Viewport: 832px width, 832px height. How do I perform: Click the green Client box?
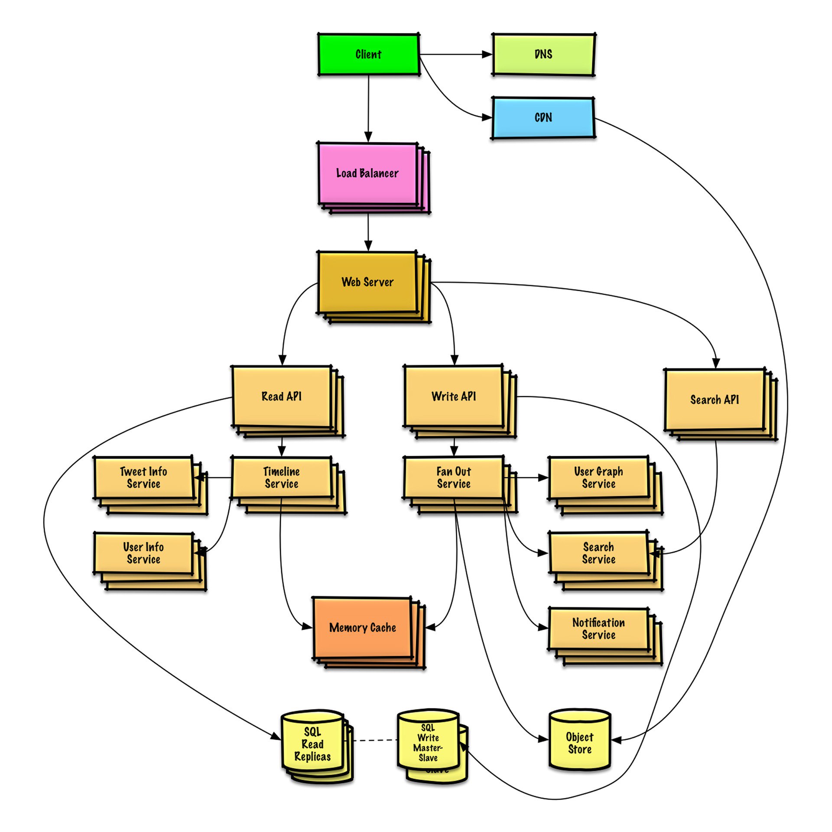(368, 55)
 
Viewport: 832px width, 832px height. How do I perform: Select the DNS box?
(543, 55)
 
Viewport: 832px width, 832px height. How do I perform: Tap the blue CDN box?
(543, 118)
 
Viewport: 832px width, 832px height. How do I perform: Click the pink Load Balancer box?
(367, 173)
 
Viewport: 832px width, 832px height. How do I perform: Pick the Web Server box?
(367, 282)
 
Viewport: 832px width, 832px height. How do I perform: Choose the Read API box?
(282, 396)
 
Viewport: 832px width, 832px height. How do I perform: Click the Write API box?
(454, 396)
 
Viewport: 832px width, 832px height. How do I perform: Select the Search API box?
(715, 400)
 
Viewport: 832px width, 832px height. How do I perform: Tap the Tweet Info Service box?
(143, 478)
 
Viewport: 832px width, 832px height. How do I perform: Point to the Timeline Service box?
(282, 478)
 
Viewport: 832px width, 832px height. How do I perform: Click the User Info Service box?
(143, 553)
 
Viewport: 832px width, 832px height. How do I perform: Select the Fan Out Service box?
(454, 478)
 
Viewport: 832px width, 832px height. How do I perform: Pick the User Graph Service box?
(598, 478)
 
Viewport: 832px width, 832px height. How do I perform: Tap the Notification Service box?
(598, 629)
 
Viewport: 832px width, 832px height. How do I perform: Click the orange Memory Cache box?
(362, 627)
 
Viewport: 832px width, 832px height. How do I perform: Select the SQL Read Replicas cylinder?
(312, 744)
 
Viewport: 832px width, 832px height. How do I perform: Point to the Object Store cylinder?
(579, 743)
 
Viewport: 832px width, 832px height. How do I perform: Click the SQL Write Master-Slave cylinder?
(428, 742)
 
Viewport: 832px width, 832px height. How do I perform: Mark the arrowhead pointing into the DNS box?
(487, 55)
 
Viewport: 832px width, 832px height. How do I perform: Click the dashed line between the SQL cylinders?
(375, 740)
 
